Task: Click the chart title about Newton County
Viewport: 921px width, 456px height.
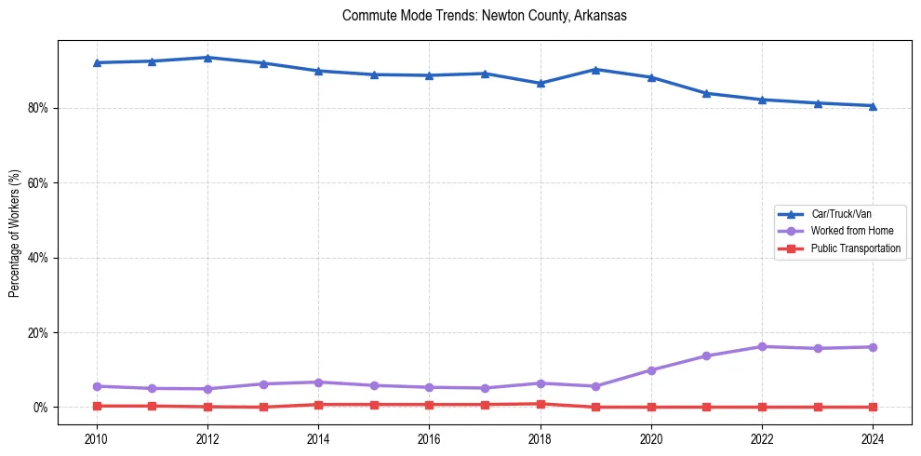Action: (485, 16)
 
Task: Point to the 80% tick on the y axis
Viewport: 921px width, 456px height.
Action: (39, 108)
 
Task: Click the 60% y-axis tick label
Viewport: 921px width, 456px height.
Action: (39, 183)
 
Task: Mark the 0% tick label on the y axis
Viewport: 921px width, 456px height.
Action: (42, 408)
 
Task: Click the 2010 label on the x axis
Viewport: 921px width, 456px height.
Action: (97, 437)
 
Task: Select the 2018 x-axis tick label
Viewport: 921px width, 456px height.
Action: (541, 437)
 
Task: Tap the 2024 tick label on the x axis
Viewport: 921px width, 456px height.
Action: (873, 437)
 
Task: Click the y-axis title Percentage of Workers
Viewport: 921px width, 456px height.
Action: (15, 233)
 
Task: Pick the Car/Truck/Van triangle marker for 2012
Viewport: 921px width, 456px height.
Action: (207, 58)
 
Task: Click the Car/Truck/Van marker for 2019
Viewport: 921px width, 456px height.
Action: (595, 69)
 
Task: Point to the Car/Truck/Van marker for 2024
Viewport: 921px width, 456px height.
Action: (873, 106)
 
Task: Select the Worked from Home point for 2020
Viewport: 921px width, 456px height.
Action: (651, 370)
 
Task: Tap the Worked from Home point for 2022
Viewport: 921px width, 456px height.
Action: (762, 346)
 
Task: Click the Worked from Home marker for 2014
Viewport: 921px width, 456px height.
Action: (318, 382)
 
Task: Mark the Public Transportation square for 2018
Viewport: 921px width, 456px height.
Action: (541, 404)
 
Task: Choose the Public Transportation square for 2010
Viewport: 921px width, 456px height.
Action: (97, 406)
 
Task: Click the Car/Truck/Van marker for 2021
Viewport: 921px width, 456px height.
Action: (706, 93)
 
